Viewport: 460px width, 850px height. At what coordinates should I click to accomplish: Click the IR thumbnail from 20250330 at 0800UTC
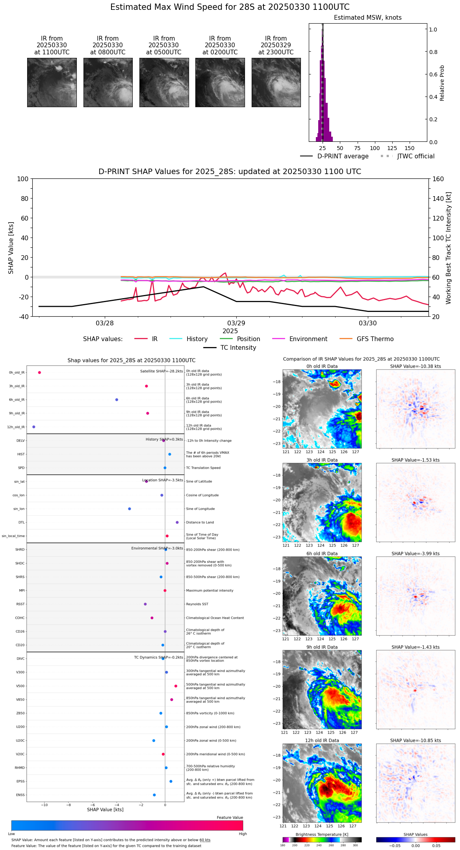[x=108, y=82]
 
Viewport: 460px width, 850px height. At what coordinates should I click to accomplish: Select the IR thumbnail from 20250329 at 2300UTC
[x=276, y=82]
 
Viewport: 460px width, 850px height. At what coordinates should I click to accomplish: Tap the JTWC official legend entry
[x=415, y=156]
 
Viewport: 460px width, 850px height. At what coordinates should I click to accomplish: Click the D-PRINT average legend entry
[x=343, y=156]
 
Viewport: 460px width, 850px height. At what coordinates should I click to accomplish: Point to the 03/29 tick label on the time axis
[x=236, y=323]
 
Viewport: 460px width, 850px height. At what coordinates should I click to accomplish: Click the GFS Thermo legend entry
[x=375, y=339]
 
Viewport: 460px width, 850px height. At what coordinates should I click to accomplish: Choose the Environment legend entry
[x=308, y=339]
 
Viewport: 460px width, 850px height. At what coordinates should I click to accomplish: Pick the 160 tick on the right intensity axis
[x=438, y=179]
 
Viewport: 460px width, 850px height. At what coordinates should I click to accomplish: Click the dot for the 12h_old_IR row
[x=34, y=427]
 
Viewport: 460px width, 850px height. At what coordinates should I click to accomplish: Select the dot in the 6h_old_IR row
[x=117, y=400]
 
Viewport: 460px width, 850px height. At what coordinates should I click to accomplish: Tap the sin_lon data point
[x=130, y=509]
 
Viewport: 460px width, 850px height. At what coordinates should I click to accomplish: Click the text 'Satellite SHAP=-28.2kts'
[x=161, y=371]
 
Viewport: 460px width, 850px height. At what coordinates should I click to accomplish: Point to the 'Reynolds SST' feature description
[x=197, y=604]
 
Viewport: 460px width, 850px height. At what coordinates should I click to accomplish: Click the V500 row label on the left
[x=20, y=686]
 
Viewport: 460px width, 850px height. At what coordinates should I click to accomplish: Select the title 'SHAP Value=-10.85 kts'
[x=415, y=741]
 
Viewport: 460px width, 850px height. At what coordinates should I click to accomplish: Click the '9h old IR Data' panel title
[x=322, y=647]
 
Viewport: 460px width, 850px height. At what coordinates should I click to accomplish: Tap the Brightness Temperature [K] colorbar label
[x=322, y=834]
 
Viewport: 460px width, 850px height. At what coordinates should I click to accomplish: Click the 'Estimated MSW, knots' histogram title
[x=367, y=18]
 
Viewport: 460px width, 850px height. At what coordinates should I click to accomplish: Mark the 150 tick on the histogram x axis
[x=410, y=148]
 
